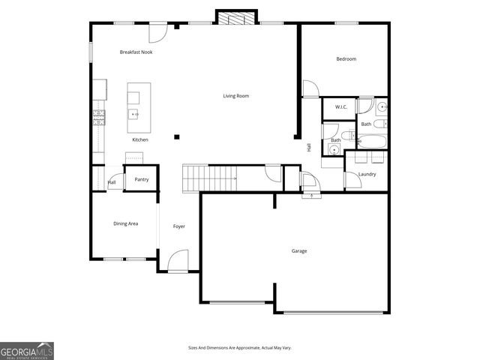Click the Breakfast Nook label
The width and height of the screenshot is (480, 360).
(136, 52)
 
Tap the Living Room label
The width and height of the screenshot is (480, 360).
(235, 96)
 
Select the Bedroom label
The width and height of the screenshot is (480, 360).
(346, 58)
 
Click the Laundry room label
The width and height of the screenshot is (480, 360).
(367, 174)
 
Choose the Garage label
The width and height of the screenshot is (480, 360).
(298, 250)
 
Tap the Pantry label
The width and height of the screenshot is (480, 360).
(141, 180)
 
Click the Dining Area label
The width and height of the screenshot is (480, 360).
(125, 223)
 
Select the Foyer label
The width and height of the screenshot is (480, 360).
(179, 226)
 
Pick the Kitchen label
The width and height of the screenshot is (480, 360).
(140, 139)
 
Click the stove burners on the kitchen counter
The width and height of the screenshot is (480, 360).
(97, 116)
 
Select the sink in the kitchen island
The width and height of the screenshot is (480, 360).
(133, 115)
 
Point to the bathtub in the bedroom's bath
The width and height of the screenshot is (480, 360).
(372, 141)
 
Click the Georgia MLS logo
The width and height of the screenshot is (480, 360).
(27, 350)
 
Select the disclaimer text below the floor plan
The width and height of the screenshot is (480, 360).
(239, 348)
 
